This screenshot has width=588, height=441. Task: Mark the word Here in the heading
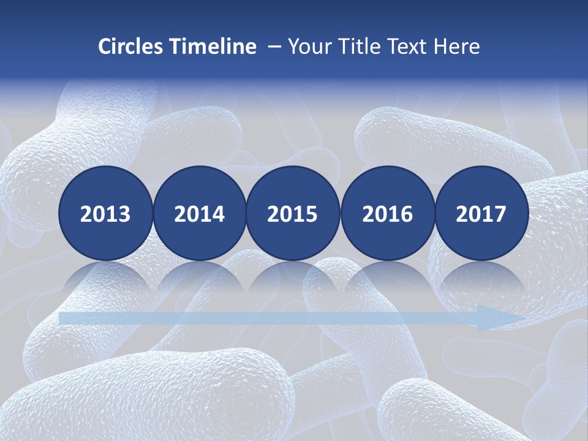tap(457, 47)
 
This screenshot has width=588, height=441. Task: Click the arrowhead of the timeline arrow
tap(499, 318)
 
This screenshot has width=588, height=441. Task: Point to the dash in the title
tap(274, 47)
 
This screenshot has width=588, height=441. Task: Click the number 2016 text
tap(388, 214)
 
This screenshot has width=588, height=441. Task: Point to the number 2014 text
tap(200, 214)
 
